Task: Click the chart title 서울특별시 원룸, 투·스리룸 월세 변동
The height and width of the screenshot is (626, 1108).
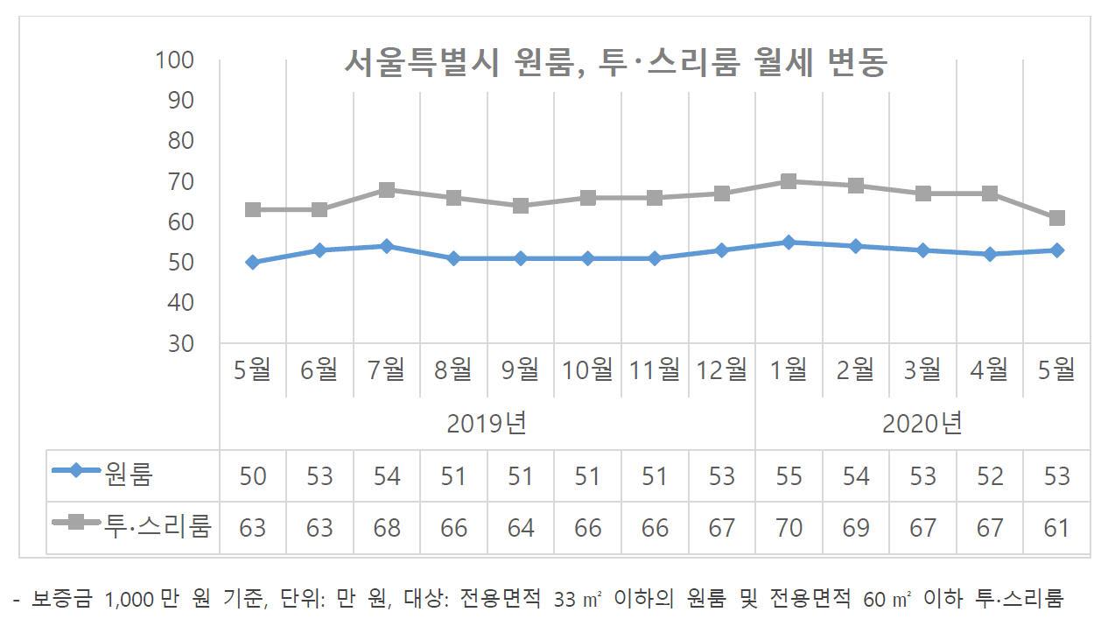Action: point(614,63)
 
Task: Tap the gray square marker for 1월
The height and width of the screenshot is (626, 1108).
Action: point(789,181)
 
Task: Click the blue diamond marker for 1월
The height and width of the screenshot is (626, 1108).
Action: point(789,242)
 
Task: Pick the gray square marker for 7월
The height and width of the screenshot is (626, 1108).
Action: point(387,190)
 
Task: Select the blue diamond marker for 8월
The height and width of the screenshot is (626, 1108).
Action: point(453,258)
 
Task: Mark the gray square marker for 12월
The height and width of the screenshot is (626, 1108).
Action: point(722,193)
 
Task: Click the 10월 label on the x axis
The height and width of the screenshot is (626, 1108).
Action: point(587,370)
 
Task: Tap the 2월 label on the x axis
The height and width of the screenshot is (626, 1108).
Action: point(855,370)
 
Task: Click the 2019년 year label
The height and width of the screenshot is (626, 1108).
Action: point(487,424)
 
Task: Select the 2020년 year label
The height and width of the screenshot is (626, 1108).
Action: point(922,424)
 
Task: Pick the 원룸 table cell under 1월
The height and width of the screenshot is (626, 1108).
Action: point(789,475)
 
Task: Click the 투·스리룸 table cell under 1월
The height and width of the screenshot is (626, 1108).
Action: point(789,528)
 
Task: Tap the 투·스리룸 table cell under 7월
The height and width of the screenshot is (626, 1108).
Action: point(387,528)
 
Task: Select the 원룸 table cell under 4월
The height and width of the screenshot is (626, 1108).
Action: point(989,475)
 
